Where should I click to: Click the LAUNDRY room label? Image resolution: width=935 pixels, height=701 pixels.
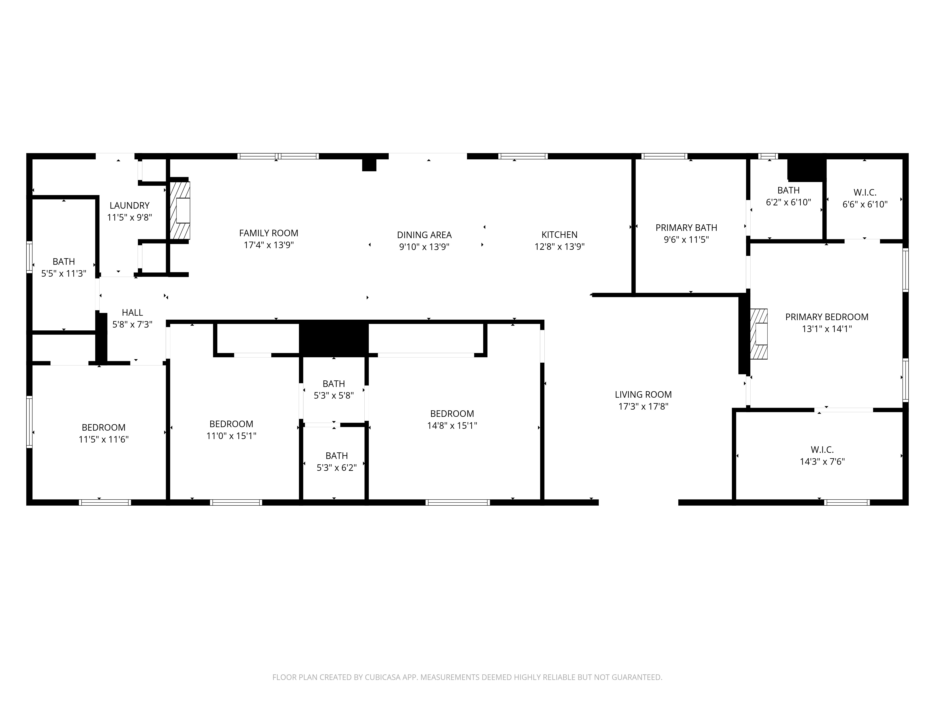click(129, 205)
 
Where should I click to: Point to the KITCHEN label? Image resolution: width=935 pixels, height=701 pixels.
click(559, 235)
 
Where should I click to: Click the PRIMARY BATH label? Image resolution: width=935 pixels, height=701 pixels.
click(686, 228)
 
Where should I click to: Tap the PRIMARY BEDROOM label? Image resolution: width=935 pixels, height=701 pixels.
click(826, 317)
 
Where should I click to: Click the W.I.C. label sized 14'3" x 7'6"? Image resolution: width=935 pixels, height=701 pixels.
click(822, 450)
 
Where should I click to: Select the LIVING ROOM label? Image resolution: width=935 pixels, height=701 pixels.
click(643, 395)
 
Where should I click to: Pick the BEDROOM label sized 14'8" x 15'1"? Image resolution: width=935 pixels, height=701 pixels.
click(452, 414)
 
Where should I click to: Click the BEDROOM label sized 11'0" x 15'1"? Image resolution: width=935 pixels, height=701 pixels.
click(231, 424)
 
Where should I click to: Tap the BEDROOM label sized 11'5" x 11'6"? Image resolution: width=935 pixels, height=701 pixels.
click(104, 427)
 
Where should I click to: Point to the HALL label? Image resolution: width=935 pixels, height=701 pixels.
click(132, 313)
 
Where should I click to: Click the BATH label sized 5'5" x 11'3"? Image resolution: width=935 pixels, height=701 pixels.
click(64, 261)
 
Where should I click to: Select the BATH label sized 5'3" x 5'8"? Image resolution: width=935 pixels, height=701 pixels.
click(334, 384)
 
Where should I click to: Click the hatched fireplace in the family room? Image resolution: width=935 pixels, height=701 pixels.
click(180, 211)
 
